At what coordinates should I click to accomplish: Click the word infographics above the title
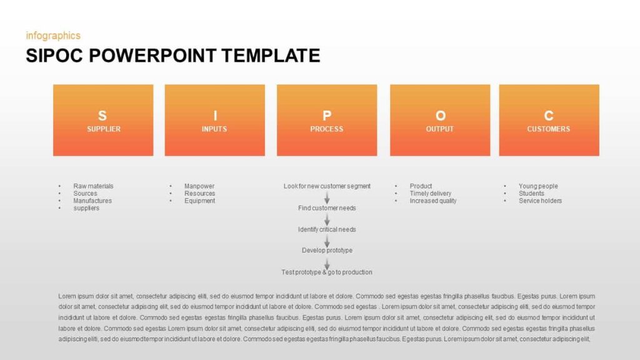(53, 36)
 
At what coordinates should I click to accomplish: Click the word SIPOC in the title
(54, 56)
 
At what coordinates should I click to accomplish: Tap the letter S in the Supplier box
(102, 116)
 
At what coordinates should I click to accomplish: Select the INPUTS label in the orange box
(214, 129)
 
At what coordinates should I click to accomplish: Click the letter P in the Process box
(327, 116)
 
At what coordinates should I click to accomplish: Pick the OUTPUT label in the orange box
(440, 129)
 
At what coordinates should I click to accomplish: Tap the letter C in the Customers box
(549, 116)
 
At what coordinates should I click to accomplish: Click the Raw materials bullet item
(93, 186)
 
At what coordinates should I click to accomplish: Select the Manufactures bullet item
(92, 201)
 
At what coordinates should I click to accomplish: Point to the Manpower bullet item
(199, 186)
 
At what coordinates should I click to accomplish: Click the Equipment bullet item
(199, 201)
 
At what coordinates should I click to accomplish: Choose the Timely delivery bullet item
(431, 194)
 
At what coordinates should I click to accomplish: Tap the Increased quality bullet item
(433, 201)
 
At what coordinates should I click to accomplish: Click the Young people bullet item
(538, 186)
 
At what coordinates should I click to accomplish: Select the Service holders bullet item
(540, 201)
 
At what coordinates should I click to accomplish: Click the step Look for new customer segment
(327, 186)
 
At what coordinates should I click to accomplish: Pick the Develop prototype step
(327, 251)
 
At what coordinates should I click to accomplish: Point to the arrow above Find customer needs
(327, 197)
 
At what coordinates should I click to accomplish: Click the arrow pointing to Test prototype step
(327, 262)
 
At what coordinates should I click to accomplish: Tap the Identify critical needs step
(327, 229)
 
